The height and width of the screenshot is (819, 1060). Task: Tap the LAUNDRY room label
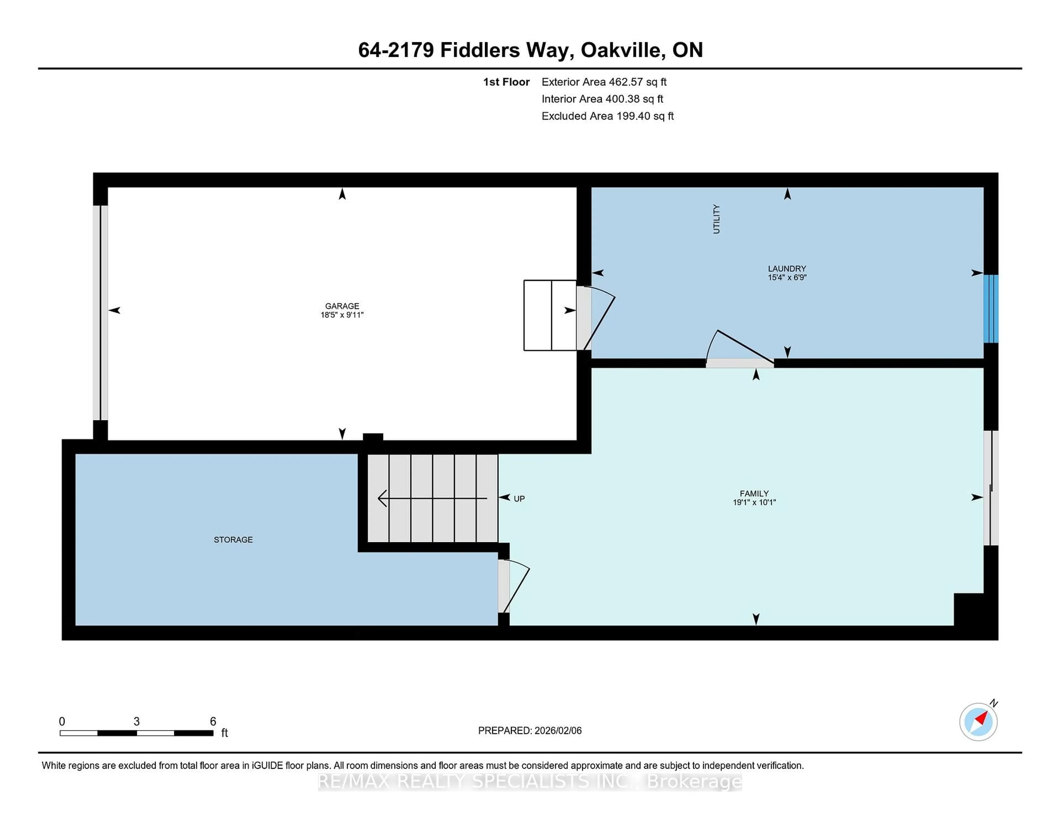[787, 268]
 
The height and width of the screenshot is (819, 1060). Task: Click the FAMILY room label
[754, 493]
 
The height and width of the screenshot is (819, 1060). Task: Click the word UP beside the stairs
[519, 499]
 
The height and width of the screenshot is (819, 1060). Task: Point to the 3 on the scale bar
[136, 722]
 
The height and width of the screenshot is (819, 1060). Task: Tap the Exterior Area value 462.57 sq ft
[637, 82]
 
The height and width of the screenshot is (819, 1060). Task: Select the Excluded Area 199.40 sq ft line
[607, 116]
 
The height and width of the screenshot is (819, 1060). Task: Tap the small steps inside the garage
[550, 315]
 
